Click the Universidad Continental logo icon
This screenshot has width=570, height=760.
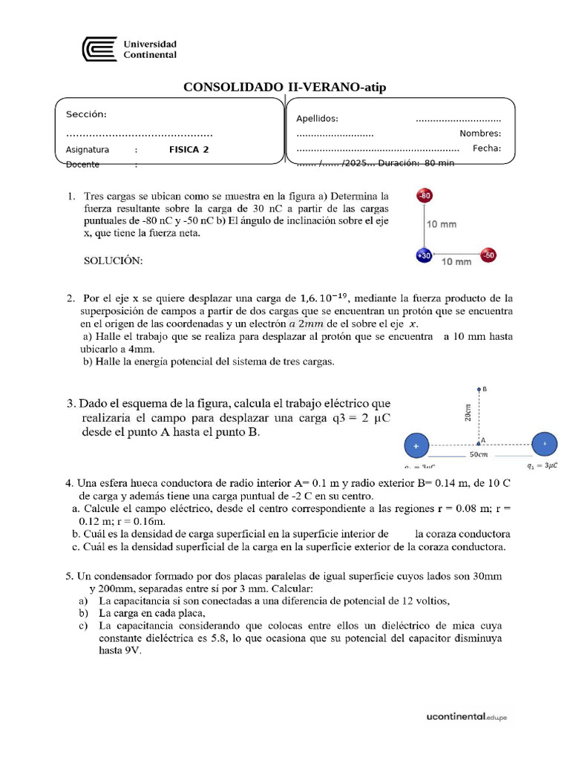99,50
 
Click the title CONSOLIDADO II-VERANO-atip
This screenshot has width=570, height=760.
284,88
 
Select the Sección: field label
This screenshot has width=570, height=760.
86,114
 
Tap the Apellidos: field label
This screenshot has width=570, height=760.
317,118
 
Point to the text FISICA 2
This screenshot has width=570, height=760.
189,149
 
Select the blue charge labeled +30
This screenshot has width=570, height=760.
423,255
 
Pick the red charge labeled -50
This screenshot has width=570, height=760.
488,255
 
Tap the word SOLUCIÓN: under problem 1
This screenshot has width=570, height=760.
111,261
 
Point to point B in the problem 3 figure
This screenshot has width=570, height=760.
479,389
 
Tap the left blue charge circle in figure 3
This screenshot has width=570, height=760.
416,446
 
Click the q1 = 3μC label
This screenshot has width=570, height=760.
542,467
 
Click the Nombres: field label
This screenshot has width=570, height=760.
480,134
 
